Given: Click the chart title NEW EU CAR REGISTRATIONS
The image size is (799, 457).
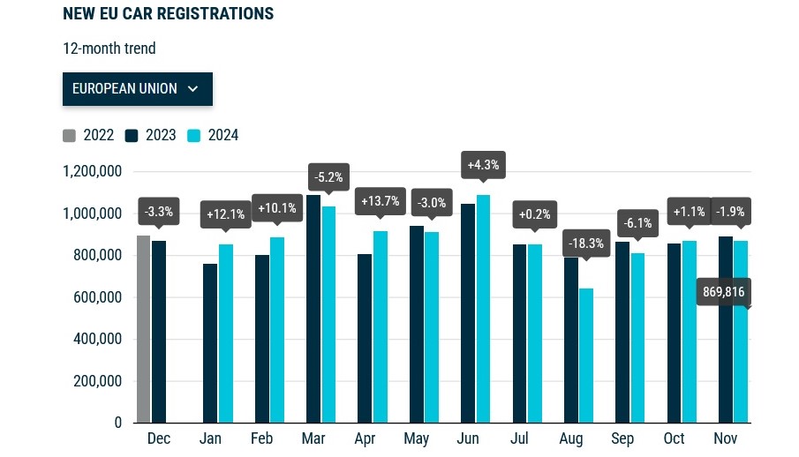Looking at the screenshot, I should (168, 14).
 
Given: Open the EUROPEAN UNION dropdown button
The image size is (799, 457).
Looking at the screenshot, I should (137, 89).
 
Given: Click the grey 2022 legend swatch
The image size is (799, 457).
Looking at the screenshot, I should (70, 136).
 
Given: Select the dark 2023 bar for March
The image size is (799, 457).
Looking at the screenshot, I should (313, 309).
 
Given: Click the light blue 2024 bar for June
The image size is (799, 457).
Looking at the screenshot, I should (484, 309).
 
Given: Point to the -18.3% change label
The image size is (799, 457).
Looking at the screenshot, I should (586, 243).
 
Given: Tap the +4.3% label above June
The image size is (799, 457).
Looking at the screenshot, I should (484, 164).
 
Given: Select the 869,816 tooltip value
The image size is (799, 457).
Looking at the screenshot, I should (723, 292).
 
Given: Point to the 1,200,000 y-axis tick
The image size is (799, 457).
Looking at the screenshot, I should (92, 171).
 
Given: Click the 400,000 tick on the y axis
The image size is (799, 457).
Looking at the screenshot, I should (97, 340).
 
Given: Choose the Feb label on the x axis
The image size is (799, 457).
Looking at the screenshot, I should (262, 439).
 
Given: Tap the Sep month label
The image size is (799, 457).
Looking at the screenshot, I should (622, 439).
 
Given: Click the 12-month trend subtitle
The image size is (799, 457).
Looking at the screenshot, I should (109, 49).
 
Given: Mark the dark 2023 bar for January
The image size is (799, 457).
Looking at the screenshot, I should (210, 343).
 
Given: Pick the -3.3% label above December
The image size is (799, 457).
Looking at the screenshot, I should (159, 212).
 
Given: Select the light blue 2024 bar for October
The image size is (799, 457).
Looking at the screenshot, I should (689, 332).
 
